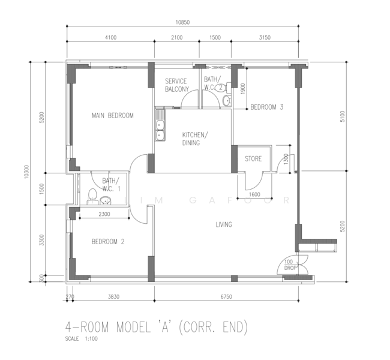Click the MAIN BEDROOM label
click(x=113, y=115)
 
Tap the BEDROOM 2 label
click(x=108, y=242)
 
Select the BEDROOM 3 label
click(x=266, y=107)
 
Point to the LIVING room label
click(x=224, y=224)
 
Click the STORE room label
click(x=253, y=159)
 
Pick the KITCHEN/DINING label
click(x=195, y=139)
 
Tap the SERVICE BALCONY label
click(x=177, y=85)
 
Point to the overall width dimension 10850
click(x=182, y=22)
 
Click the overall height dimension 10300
click(x=26, y=172)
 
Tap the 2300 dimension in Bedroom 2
click(x=104, y=214)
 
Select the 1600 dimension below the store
click(x=254, y=194)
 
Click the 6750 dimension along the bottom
click(x=226, y=296)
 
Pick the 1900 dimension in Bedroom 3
click(x=243, y=88)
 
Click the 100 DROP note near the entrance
click(x=290, y=265)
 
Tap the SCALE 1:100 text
click(x=82, y=338)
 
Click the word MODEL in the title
click(x=134, y=327)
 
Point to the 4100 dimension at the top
click(x=110, y=38)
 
